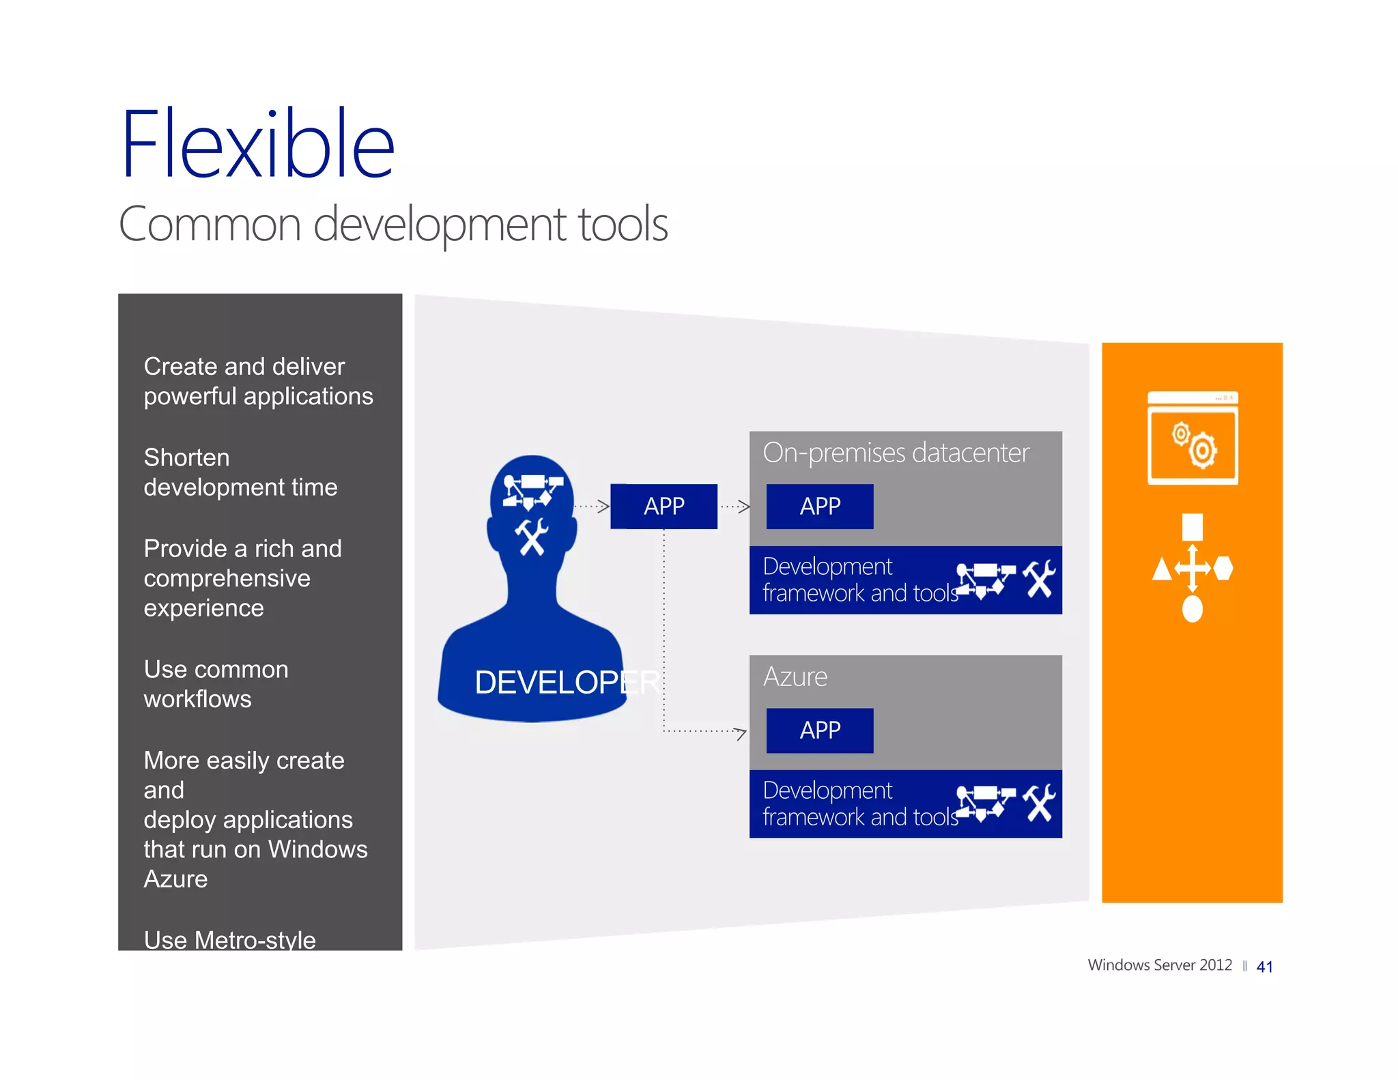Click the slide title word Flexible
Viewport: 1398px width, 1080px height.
click(257, 145)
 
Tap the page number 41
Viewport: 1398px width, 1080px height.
click(1264, 967)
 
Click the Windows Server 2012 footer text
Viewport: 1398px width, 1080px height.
click(1159, 965)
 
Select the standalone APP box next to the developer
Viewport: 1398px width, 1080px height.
click(664, 507)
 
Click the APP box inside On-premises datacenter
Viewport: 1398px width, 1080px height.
click(819, 507)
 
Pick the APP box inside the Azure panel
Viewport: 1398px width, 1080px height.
click(819, 730)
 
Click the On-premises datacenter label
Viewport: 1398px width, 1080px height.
click(896, 453)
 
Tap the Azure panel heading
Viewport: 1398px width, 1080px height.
click(795, 677)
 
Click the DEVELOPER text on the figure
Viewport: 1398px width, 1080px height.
click(567, 682)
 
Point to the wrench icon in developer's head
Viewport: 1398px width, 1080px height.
click(531, 537)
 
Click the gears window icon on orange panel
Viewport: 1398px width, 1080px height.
click(1193, 438)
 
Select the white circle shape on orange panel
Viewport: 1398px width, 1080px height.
click(1192, 609)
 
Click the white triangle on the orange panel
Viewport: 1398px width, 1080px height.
click(1161, 569)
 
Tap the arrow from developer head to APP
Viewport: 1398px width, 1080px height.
click(592, 507)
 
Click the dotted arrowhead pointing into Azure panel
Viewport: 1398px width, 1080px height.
click(740, 733)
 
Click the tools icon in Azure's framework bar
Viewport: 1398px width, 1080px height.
click(1039, 803)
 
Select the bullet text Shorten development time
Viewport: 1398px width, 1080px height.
click(240, 472)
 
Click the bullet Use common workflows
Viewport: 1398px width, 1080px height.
click(216, 684)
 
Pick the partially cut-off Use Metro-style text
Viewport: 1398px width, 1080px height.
click(229, 939)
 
